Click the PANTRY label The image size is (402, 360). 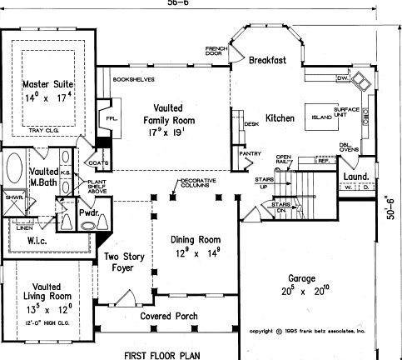click(x=249, y=153)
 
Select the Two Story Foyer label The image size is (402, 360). click(x=122, y=263)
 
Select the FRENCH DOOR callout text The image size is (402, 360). click(x=216, y=52)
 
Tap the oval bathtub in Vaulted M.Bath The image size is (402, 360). click(x=14, y=171)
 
